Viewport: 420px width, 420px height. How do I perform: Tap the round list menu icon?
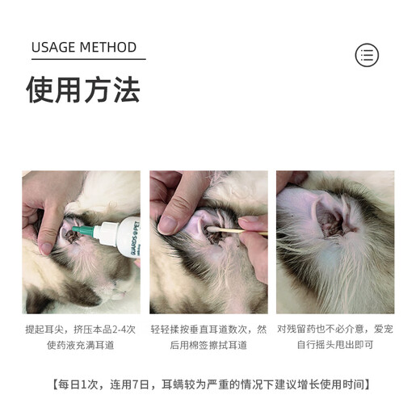pyautogui.click(x=367, y=55)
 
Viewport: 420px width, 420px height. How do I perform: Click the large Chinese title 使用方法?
pyautogui.click(x=82, y=90)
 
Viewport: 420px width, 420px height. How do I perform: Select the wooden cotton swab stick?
pyautogui.click(x=242, y=233)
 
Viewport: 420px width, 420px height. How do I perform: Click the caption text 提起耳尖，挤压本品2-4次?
pyautogui.click(x=81, y=329)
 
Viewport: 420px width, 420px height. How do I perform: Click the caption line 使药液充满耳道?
pyautogui.click(x=81, y=346)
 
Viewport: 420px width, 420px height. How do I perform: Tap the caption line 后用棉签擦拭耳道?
pyautogui.click(x=208, y=346)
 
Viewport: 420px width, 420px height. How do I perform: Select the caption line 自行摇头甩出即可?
pyautogui.click(x=334, y=346)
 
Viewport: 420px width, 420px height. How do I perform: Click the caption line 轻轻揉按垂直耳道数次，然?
pyautogui.click(x=208, y=329)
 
